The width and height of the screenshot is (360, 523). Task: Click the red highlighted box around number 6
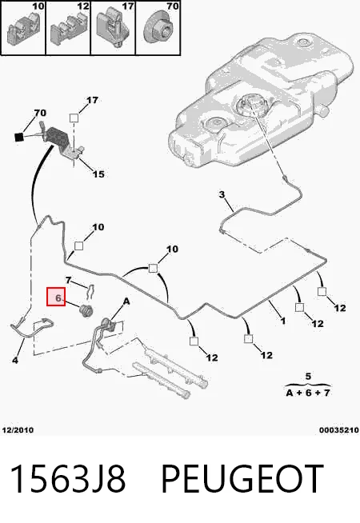point(56,297)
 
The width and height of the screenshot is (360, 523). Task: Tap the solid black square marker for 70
point(19,137)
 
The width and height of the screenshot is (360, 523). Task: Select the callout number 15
point(98,174)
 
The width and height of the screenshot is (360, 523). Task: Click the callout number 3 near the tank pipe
point(222,194)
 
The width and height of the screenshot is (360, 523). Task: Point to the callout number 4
point(15,360)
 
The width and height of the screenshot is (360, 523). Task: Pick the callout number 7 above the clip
point(68,280)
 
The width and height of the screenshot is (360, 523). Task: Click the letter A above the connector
point(126,301)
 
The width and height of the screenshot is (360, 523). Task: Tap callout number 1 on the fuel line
point(283,321)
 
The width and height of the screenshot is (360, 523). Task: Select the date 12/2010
point(18,430)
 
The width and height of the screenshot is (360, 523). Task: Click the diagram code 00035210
point(339,430)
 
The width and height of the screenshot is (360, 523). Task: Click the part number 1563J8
point(68,478)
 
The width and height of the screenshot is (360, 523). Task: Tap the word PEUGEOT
point(242,478)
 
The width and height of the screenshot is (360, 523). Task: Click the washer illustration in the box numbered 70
point(160,31)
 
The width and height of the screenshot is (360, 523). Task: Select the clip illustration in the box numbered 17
point(112,28)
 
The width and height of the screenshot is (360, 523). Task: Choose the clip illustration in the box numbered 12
point(68,30)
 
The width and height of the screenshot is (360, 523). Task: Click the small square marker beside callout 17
point(74,118)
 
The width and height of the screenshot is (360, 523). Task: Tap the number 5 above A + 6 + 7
point(308,377)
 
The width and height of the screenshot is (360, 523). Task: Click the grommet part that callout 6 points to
point(86,310)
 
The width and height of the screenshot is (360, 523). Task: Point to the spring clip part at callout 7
point(90,292)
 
